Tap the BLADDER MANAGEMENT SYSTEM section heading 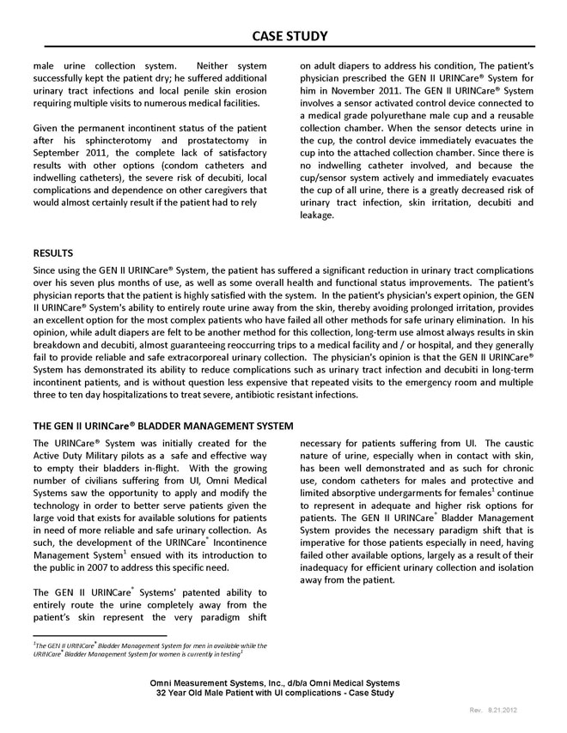[163, 426]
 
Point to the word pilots [164, 456]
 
